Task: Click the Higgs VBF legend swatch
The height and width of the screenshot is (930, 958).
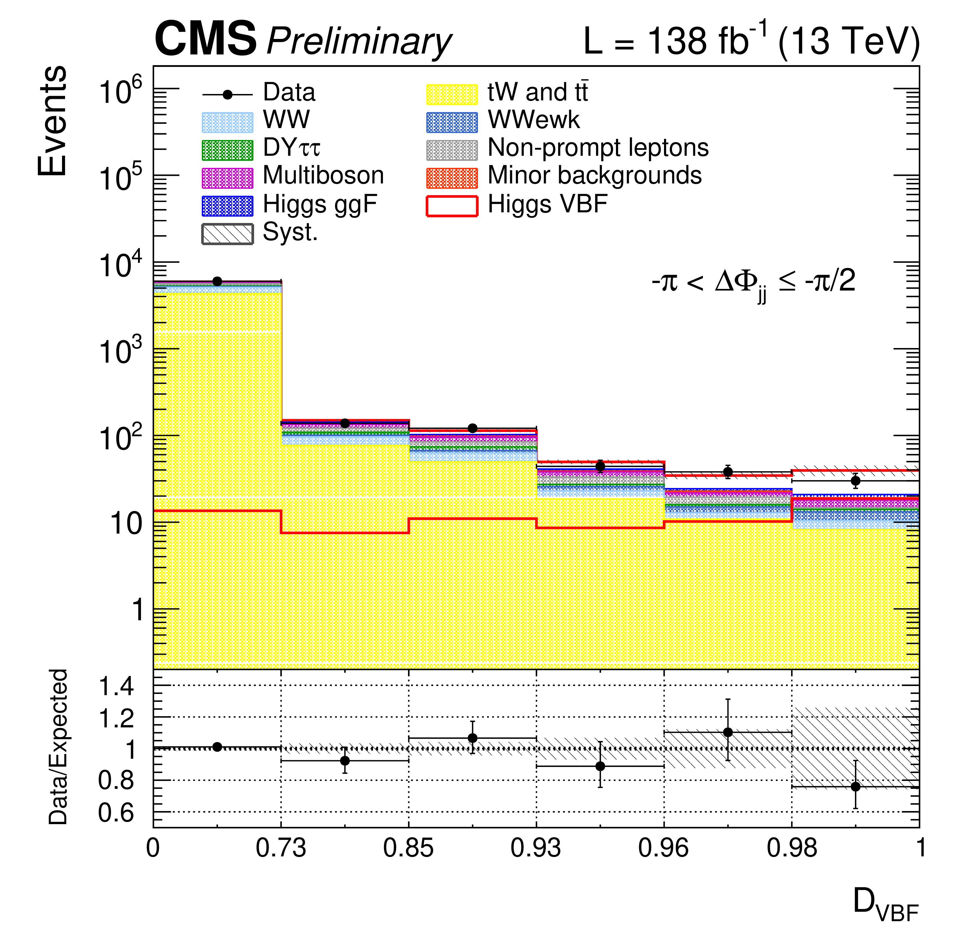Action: (x=451, y=206)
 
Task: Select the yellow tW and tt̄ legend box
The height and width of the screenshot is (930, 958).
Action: (x=451, y=94)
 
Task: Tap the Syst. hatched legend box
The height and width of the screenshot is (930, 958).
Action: (x=227, y=234)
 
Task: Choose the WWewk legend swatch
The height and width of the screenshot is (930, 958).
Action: (x=451, y=122)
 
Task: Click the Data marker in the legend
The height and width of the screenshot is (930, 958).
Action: (x=227, y=94)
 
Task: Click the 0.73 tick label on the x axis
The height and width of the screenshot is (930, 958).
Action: (x=281, y=847)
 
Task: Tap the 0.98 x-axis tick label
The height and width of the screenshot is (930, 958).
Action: (x=791, y=847)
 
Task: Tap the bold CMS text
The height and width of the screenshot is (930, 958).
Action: (x=205, y=39)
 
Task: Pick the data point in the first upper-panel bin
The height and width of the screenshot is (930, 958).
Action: (x=217, y=281)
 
